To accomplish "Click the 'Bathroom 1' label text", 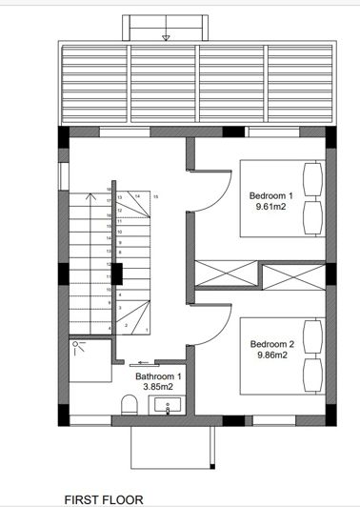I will (x=156, y=376).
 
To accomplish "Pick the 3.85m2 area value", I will (x=156, y=387).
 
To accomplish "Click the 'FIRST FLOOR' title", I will (x=104, y=498).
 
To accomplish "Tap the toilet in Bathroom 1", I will (x=129, y=407).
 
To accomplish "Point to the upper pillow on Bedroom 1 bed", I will (x=311, y=177).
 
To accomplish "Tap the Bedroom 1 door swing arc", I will (x=213, y=186).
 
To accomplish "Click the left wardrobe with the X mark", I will (x=225, y=274).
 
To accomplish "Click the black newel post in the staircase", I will (x=119, y=274).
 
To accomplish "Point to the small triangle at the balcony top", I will (x=166, y=38).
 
